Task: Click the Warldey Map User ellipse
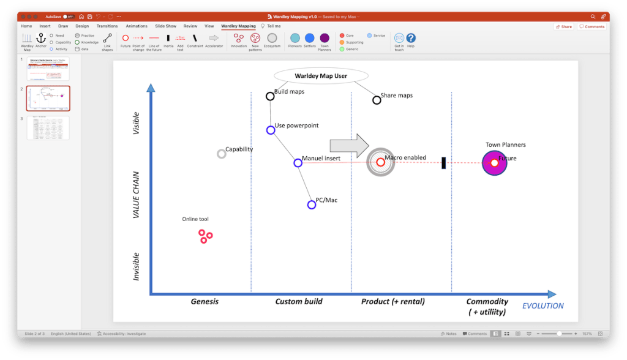coord(321,76)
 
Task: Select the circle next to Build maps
coord(270,96)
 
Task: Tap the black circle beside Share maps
coord(377,100)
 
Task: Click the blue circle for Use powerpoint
coord(271,130)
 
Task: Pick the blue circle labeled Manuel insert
coord(298,163)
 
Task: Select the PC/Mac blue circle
coord(312,204)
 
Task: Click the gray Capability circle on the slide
coord(222,154)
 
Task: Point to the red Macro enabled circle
coord(380,162)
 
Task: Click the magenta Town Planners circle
coord(494,163)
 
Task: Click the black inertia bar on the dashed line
coord(443,163)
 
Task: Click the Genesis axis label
coord(205,301)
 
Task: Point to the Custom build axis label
coord(299,301)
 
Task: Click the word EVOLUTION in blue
coord(543,306)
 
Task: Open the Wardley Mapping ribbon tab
coord(238,26)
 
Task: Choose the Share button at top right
coord(564,27)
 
